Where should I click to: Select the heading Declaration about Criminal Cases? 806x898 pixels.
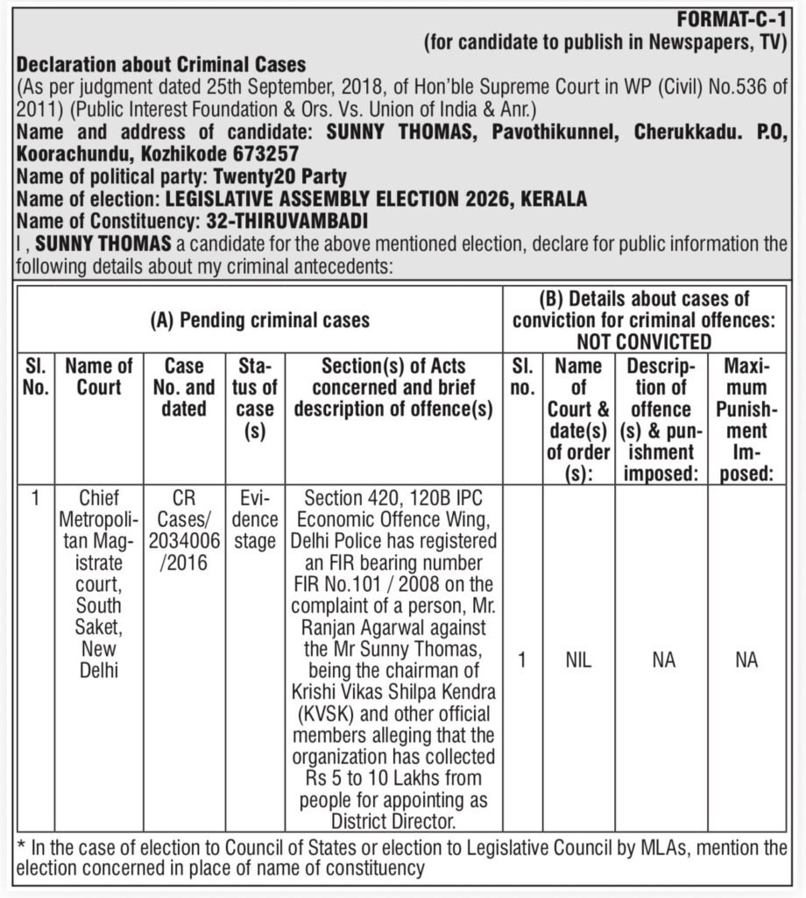click(x=162, y=65)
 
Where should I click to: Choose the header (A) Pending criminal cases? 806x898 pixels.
click(x=260, y=320)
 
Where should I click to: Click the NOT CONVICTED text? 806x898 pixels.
click(x=644, y=342)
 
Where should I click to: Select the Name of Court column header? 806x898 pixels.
click(x=98, y=376)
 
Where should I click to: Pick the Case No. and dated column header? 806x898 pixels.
click(x=183, y=387)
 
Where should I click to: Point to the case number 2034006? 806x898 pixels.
click(x=183, y=541)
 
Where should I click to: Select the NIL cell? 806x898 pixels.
click(x=577, y=660)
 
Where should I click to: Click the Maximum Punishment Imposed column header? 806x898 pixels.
click(x=746, y=419)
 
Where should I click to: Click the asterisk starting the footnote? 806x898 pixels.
click(x=21, y=849)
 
